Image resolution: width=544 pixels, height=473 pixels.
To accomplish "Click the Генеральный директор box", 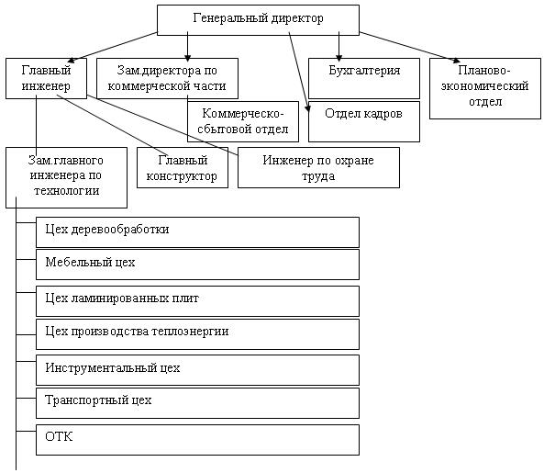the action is point(258,20).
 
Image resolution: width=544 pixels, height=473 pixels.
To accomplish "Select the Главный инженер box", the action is point(46,78).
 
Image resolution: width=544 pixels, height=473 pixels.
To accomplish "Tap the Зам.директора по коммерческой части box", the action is point(167,78).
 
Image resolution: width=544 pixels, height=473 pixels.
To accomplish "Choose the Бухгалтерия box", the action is point(364,78).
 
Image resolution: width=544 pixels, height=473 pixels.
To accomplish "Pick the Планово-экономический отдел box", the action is point(485,88).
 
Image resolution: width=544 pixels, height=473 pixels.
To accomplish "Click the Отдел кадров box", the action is point(364,121).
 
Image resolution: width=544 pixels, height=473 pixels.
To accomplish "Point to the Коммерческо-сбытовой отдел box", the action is point(243,121).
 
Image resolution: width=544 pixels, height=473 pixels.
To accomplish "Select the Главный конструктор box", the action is point(183,168).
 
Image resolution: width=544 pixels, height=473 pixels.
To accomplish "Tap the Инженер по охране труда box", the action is point(318,168).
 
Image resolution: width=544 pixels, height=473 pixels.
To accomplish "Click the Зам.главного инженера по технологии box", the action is point(67,178).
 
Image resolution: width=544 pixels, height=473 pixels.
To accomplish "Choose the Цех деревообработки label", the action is point(107,230).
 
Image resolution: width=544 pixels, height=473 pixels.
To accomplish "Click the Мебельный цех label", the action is point(90,262).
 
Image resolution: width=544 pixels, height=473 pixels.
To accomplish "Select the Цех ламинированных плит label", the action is point(122,298).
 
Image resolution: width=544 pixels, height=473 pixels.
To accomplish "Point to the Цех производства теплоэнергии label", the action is point(137,332).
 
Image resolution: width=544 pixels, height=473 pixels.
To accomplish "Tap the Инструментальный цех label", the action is point(113,367).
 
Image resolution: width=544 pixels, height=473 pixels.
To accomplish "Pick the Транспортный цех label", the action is point(98,400).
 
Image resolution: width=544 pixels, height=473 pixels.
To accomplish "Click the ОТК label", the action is point(59,436).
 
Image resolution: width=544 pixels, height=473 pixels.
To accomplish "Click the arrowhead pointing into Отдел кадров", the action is point(307,108).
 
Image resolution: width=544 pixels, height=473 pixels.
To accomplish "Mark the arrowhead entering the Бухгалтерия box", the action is point(339,58).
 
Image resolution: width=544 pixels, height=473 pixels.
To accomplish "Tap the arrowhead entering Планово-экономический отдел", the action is point(457,61).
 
